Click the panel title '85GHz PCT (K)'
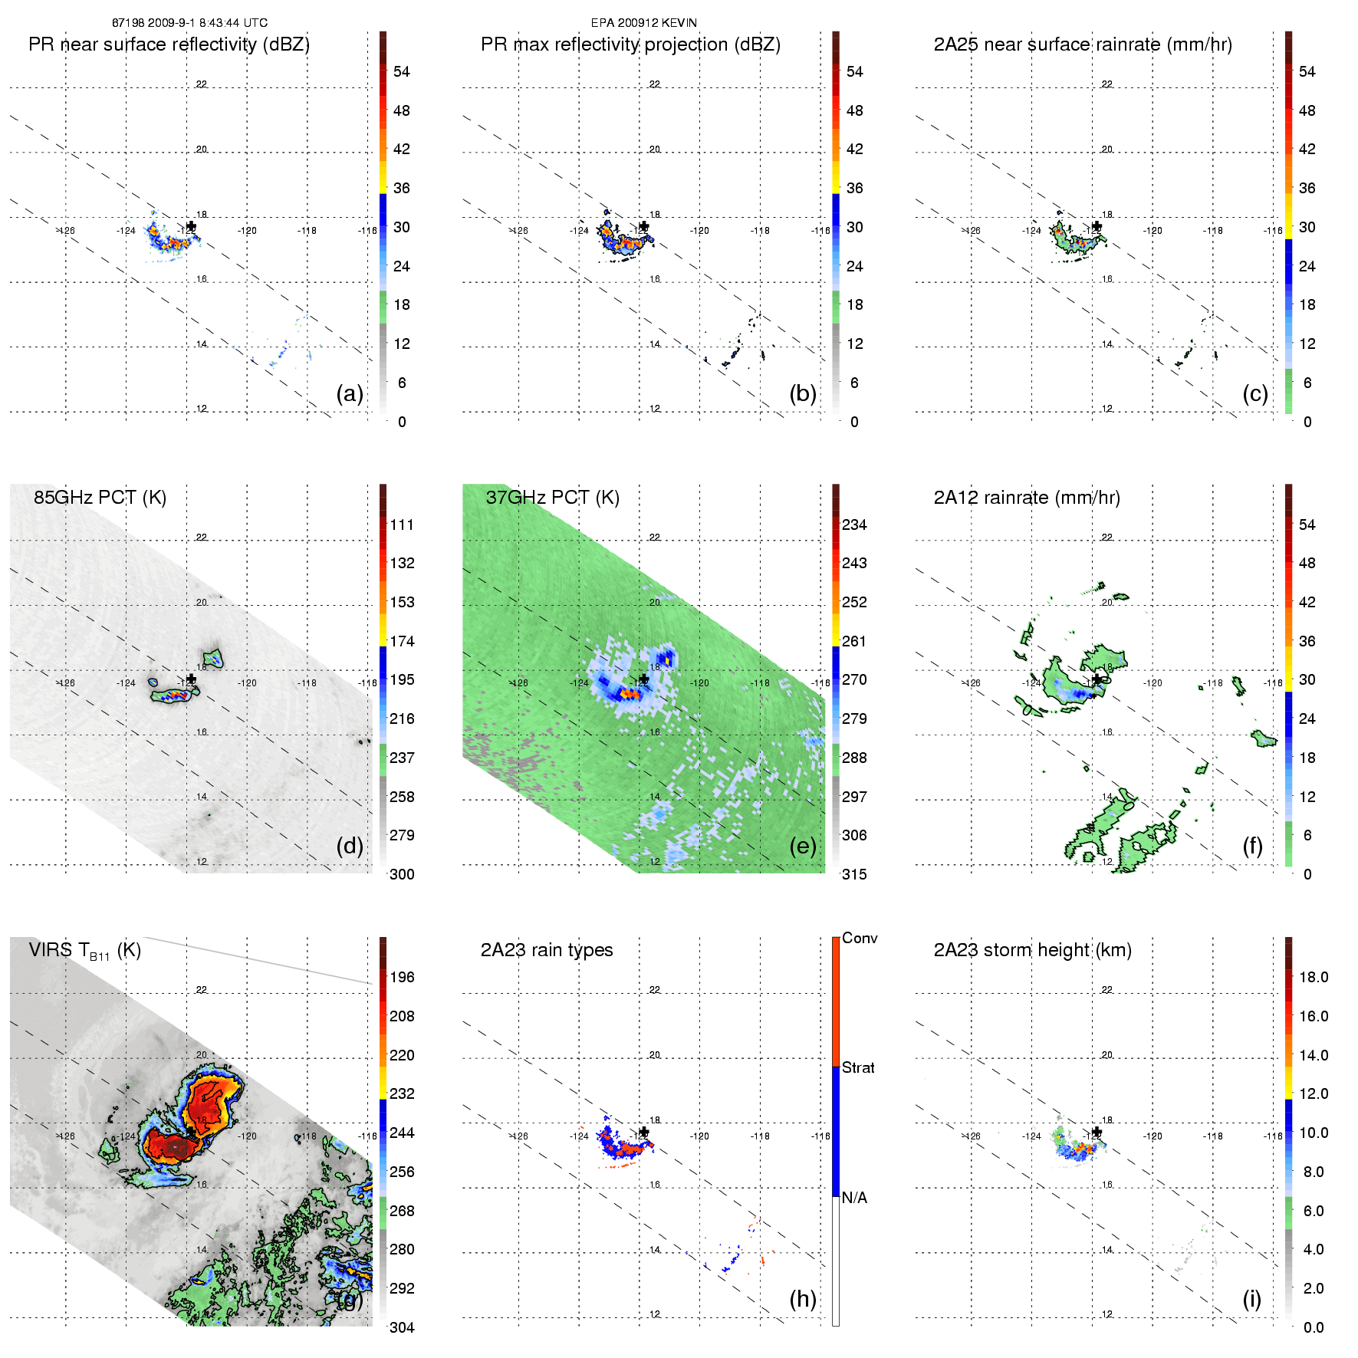point(100,497)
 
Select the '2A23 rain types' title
point(546,950)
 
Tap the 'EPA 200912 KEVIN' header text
point(643,23)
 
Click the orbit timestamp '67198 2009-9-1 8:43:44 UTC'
point(189,23)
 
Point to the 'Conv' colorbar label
point(859,938)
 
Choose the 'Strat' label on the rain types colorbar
point(857,1067)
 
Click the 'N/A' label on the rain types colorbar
point(854,1198)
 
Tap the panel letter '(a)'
point(349,393)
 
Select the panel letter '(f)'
point(1253,846)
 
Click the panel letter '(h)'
point(802,1298)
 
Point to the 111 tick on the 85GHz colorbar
point(402,524)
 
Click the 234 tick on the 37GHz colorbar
point(854,524)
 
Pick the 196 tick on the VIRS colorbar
point(402,977)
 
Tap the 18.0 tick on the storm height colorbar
point(1313,977)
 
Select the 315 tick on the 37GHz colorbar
point(854,874)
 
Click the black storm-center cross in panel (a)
point(191,226)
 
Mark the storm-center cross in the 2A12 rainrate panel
point(1097,679)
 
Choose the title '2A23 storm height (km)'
point(1032,950)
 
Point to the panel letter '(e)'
point(802,846)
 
